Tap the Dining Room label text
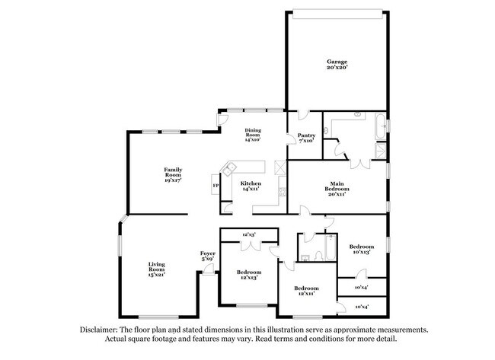(253, 135)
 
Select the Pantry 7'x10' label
(307, 138)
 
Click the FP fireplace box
(216, 186)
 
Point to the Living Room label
(156, 268)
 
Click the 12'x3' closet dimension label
(248, 234)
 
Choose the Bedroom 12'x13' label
(248, 275)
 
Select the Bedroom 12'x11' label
(306, 291)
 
